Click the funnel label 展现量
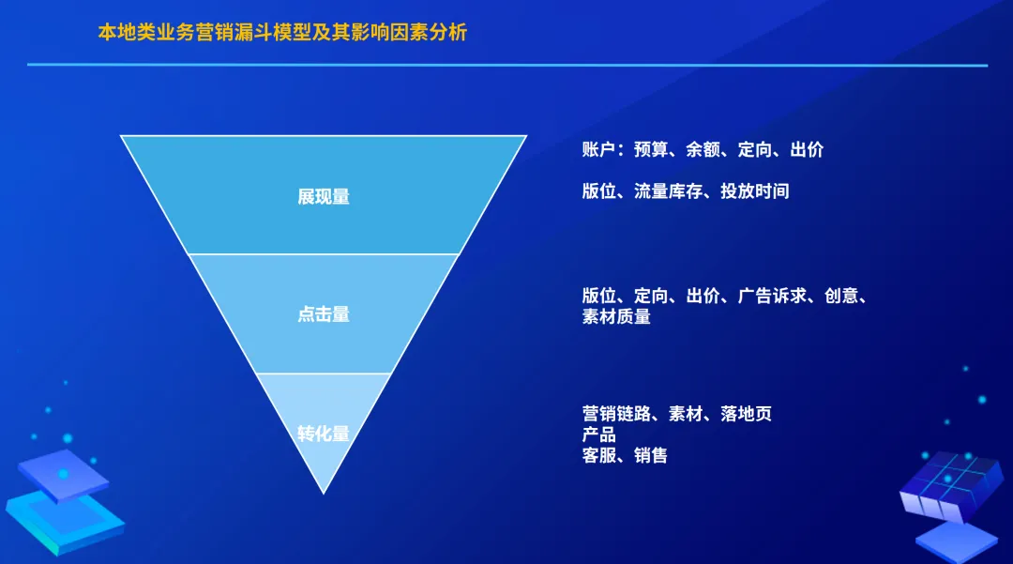[x=324, y=197]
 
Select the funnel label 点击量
[x=324, y=314]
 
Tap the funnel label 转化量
[x=324, y=434]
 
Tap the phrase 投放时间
[x=755, y=191]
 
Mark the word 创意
[x=841, y=297]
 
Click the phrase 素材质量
[x=616, y=317]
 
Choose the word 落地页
[x=747, y=414]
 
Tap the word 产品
[x=598, y=434]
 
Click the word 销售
[x=651, y=456]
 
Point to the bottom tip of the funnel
[x=324, y=492]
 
